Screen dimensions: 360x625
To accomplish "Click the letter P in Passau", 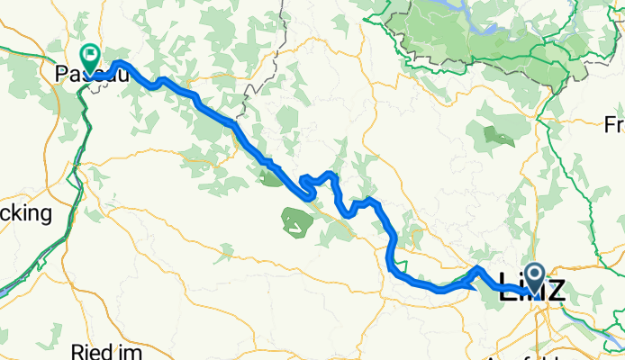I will pyautogui.click(x=61, y=76).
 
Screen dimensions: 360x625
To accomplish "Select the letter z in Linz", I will pyautogui.click(x=555, y=290).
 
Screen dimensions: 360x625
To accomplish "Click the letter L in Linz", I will pyautogui.click(x=506, y=290).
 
